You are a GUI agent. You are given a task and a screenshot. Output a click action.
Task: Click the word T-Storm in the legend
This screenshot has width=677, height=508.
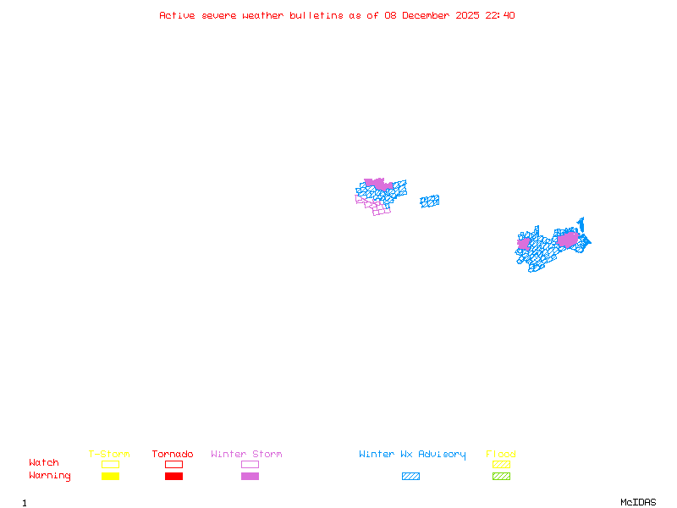click(109, 455)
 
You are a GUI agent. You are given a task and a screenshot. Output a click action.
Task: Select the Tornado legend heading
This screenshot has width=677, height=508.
click(173, 455)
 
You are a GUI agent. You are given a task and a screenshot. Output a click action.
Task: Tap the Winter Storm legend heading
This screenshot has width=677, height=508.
click(246, 455)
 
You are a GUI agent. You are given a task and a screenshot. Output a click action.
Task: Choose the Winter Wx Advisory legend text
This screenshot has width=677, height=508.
click(412, 455)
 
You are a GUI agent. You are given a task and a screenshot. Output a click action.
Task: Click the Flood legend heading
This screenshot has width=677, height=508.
click(501, 455)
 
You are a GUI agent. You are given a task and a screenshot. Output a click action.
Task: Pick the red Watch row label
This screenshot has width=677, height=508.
click(44, 463)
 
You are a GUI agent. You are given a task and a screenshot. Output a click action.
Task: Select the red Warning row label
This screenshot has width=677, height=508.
click(50, 476)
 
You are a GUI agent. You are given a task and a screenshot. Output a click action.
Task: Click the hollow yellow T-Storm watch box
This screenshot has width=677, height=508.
click(110, 464)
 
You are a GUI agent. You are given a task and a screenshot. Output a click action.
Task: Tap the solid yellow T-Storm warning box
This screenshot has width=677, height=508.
click(110, 476)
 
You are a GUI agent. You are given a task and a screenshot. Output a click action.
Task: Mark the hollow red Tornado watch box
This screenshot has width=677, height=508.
click(173, 464)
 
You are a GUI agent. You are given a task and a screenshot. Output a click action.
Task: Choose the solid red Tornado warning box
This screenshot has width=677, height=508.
click(173, 476)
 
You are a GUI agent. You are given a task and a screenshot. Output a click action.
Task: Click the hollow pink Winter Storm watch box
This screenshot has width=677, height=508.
click(250, 464)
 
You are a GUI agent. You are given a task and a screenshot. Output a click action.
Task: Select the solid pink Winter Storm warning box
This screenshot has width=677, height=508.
click(250, 476)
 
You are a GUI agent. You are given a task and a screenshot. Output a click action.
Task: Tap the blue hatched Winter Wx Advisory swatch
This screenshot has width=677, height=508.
click(410, 476)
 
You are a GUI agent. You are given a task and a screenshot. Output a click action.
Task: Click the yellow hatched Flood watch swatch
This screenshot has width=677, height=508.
click(501, 464)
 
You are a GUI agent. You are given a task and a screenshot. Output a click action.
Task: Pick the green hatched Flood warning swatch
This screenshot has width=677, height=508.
click(501, 476)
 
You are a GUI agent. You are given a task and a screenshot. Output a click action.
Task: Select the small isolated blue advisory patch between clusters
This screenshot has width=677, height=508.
click(430, 202)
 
